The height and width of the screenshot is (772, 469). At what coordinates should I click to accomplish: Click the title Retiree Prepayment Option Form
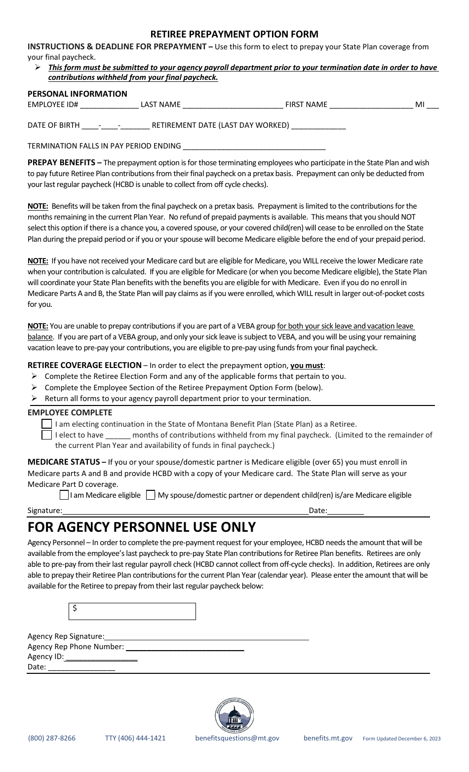tap(234, 34)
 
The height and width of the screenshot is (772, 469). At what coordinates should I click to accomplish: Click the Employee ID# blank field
tap(109, 105)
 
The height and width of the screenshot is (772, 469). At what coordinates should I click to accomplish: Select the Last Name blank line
tap(233, 105)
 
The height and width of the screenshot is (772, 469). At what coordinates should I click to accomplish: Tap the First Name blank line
tap(371, 105)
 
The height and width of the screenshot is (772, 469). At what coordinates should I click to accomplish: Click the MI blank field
tap(432, 105)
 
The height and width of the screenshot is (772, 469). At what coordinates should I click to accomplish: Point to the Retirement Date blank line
tap(318, 126)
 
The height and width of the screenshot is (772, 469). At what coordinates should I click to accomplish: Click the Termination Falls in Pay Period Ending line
tap(254, 147)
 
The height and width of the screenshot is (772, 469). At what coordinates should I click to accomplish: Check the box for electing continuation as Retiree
tap(47, 424)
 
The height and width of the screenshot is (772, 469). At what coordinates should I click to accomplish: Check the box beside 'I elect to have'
tap(47, 435)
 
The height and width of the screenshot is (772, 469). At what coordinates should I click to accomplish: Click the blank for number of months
tap(118, 436)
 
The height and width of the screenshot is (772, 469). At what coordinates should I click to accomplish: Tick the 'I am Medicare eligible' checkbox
tap(64, 495)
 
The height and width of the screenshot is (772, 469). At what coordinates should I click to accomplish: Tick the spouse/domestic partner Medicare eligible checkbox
tap(151, 495)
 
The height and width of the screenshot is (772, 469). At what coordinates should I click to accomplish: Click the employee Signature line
tap(185, 511)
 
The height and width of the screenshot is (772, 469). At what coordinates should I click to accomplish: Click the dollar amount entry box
tap(132, 611)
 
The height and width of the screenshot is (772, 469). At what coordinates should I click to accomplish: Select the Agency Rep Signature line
tap(206, 637)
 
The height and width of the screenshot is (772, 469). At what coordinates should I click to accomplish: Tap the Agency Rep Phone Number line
tap(185, 647)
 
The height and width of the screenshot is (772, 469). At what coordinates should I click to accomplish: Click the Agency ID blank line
tap(101, 657)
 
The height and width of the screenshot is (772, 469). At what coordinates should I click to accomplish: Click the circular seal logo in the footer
tap(234, 716)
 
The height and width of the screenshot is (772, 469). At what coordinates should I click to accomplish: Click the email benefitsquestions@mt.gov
tap(237, 738)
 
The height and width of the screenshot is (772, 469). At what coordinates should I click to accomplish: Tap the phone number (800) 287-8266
tap(52, 738)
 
